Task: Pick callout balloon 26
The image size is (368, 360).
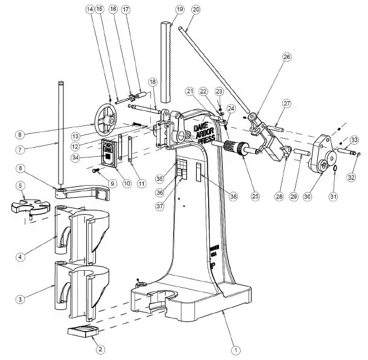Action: click(287, 57)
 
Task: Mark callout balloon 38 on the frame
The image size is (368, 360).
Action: click(232, 195)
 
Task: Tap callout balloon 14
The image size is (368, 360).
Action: click(90, 9)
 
